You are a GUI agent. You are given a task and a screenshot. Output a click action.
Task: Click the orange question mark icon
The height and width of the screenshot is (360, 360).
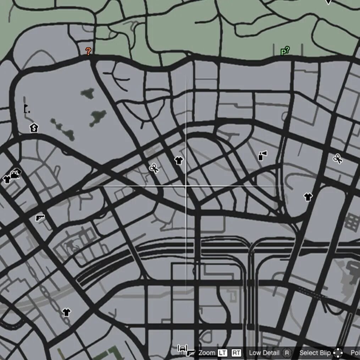coord(88,51)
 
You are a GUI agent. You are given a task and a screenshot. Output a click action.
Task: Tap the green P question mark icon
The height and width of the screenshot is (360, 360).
coord(285,51)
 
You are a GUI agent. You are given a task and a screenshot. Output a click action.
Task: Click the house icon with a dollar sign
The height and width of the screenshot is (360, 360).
coord(34,127)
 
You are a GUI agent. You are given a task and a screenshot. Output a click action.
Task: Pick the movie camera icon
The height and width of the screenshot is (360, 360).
coord(16,174)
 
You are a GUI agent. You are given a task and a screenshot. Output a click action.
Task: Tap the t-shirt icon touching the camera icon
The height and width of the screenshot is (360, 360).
coord(7,179)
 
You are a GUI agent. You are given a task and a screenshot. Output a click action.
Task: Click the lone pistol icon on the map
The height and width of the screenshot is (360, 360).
coord(40,217)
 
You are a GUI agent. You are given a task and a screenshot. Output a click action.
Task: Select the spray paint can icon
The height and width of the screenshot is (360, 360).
coord(262,155)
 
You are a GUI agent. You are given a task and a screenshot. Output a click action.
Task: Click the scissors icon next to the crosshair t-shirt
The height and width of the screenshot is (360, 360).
coord(154,168)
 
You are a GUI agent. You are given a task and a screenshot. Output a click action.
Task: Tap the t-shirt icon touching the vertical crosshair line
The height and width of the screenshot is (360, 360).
coord(179,161)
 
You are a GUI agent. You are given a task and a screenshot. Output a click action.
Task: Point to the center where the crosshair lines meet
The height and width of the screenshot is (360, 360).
coord(186,185)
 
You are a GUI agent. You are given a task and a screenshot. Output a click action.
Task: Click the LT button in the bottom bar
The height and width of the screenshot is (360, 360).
coord(222,353)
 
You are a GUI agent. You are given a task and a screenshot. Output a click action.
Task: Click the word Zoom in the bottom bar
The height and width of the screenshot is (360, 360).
coord(207,353)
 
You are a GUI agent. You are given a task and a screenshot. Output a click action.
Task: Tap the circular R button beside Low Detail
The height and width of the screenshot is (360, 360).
coord(287,353)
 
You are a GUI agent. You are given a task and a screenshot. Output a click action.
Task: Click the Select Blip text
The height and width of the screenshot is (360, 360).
coord(315,353)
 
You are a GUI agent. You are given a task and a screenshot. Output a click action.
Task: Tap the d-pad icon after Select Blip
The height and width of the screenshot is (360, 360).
coord(338,353)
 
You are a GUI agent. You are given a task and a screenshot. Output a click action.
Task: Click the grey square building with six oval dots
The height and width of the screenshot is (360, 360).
coord(352,222)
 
